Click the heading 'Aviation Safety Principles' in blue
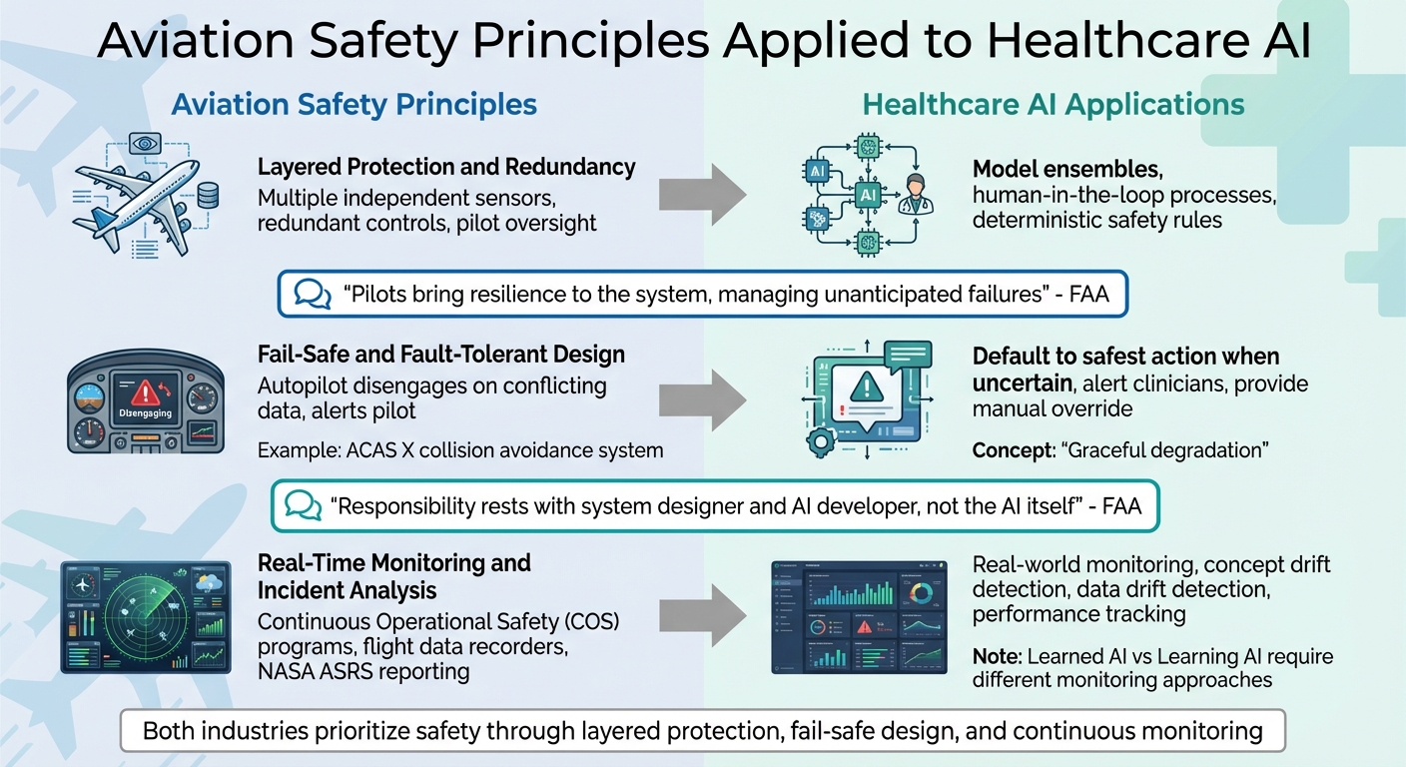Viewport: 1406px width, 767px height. [x=353, y=105]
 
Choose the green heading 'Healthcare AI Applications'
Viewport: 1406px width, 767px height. [x=1054, y=105]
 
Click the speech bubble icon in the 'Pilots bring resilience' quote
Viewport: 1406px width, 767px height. [x=314, y=294]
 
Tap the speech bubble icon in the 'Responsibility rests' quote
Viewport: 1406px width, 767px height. [x=304, y=506]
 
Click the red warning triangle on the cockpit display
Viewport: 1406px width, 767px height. [x=146, y=391]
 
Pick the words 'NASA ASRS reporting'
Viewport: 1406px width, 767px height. [x=363, y=671]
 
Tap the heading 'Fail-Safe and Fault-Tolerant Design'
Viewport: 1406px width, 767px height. [x=440, y=354]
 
